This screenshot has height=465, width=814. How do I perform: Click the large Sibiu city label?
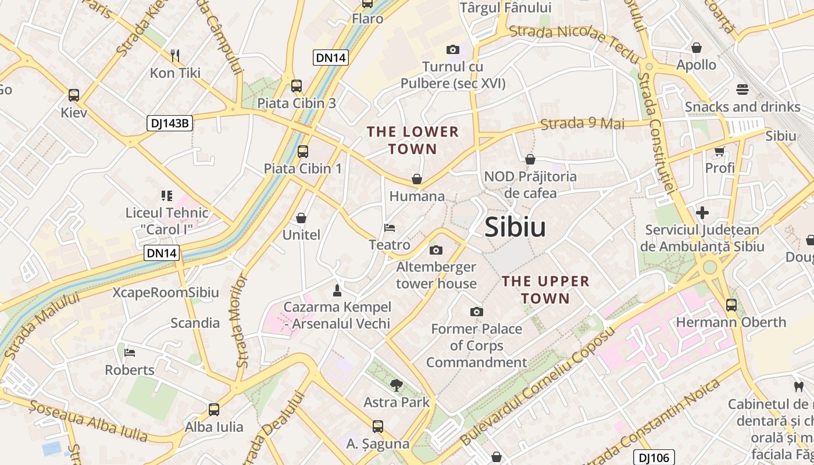515,227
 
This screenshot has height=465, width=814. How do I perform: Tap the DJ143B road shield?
169,123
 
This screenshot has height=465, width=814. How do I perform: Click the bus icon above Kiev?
74,95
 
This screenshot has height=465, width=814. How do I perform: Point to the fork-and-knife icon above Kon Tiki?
175,56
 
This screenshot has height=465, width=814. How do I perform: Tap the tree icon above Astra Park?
397,384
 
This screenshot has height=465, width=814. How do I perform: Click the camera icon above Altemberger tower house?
435,251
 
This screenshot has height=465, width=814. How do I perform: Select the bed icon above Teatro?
390,227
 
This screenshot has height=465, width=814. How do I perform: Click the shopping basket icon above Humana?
417,178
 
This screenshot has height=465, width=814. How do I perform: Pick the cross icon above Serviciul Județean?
702,213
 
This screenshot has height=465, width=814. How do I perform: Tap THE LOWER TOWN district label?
413,140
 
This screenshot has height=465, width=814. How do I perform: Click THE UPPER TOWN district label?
545,289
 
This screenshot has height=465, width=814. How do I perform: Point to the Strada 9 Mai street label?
582,123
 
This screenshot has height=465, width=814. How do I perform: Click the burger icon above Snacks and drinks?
742,90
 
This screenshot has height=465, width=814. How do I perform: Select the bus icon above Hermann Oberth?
731,305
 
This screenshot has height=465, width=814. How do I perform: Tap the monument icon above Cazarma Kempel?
337,289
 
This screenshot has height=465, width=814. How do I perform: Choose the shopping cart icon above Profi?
719,151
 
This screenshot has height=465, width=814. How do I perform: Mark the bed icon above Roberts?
130,353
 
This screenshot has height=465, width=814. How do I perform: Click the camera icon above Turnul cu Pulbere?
452,49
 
